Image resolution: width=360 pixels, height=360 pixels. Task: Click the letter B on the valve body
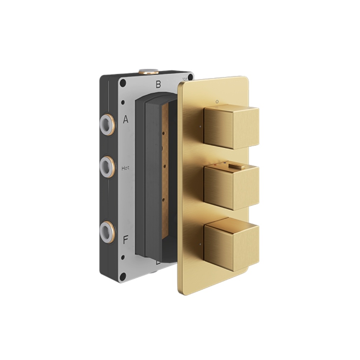tap(158, 85)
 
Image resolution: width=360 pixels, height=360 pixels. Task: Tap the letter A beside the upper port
tap(126, 120)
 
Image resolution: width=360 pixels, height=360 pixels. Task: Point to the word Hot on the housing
tap(126, 167)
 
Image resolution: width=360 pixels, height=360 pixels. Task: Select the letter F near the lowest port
tap(126, 240)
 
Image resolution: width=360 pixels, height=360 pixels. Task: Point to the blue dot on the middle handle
tap(225, 163)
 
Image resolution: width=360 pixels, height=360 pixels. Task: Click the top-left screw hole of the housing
tap(123, 83)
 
